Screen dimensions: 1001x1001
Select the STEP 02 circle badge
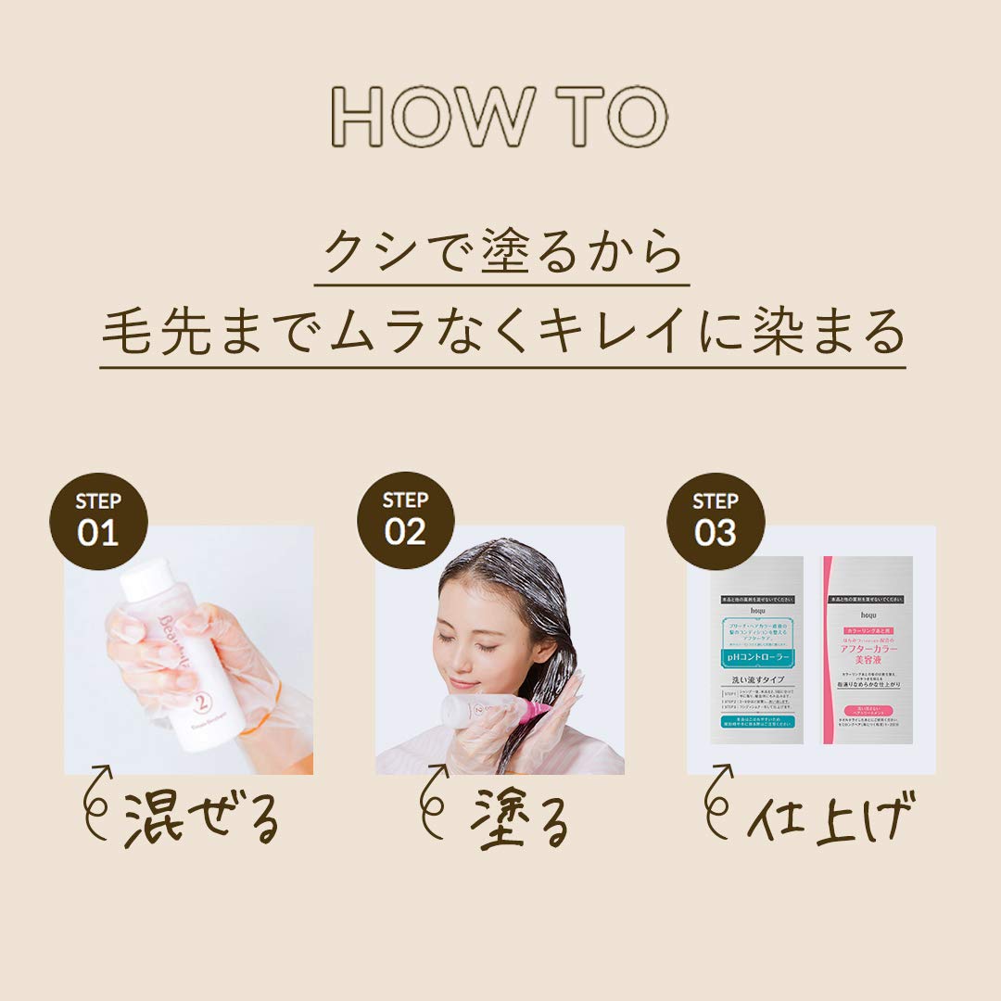click(405, 519)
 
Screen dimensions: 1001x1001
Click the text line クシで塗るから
click(501, 252)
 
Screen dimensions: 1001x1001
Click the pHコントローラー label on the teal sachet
click(756, 658)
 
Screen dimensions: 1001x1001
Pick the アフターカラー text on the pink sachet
click(866, 648)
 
